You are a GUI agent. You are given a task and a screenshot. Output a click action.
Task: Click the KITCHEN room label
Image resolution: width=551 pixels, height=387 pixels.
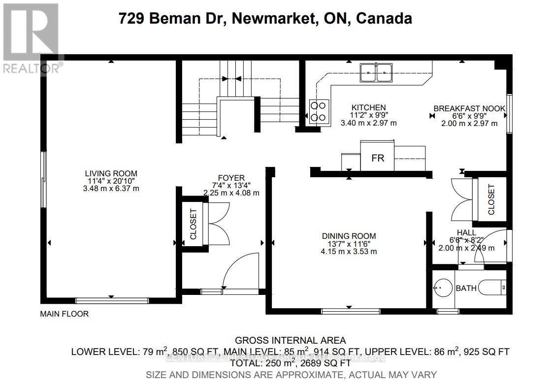pyautogui.click(x=368, y=107)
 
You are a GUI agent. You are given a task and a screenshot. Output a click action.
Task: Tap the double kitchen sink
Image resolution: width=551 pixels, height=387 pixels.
pyautogui.click(x=375, y=73)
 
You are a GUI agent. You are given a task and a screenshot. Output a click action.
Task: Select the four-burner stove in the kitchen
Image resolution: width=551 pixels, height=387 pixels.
pyautogui.click(x=319, y=111)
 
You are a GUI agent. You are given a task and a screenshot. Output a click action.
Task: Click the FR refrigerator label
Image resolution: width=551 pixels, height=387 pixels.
pyautogui.click(x=377, y=158)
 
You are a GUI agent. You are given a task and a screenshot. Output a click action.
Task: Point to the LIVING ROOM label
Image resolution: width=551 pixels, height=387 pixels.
pyautogui.click(x=111, y=173)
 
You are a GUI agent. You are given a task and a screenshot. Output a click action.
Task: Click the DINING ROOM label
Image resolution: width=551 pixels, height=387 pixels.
pyautogui.click(x=349, y=235)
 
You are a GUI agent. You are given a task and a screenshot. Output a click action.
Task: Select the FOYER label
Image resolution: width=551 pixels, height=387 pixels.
pyautogui.click(x=231, y=178)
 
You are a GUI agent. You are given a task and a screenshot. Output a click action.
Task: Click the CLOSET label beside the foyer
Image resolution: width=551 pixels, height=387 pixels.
pyautogui.click(x=193, y=224)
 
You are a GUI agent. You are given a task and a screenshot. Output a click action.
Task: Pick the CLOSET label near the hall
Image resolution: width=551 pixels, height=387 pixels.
pyautogui.click(x=491, y=199)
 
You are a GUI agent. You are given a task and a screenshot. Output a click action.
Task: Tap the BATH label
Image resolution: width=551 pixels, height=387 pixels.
pyautogui.click(x=466, y=288)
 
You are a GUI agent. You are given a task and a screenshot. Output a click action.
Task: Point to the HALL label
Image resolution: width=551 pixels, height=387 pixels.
pyautogui.click(x=466, y=232)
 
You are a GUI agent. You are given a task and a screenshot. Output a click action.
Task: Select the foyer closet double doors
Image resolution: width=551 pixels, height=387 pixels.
pyautogui.click(x=219, y=224)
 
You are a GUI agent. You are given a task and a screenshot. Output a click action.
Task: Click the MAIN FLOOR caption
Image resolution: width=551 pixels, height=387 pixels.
pyautogui.click(x=65, y=314)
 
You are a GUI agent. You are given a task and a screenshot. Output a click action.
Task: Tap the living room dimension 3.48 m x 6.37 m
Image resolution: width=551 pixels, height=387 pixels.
pyautogui.click(x=111, y=189)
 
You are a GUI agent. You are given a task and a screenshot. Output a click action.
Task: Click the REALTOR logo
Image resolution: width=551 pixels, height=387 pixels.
pyautogui.click(x=31, y=37)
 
